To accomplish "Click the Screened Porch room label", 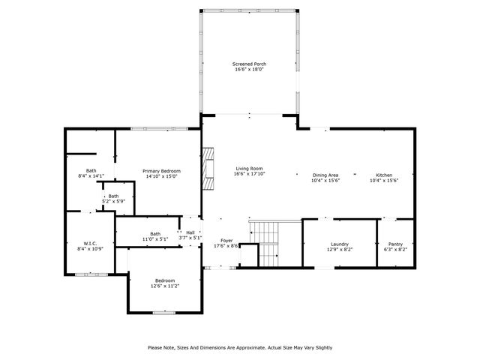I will coord(249,64).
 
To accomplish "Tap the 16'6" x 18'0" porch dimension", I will coord(249,70).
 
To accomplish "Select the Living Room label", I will coord(249,168).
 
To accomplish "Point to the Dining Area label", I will coord(325,175).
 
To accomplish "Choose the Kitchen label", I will coord(382,175).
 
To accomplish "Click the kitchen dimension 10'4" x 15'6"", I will coord(382,181).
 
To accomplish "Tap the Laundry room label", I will coord(339,244).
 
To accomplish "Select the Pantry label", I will coord(394,244).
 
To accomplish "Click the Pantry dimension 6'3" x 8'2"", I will coord(394,250).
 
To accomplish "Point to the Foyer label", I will coord(226,240).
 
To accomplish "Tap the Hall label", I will coord(190,232).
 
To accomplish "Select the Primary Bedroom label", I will coord(162,171).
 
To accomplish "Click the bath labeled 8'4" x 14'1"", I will coord(91,173).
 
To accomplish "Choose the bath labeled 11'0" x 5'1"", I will coord(154,236).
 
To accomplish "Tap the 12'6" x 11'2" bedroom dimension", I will coord(165,286).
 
